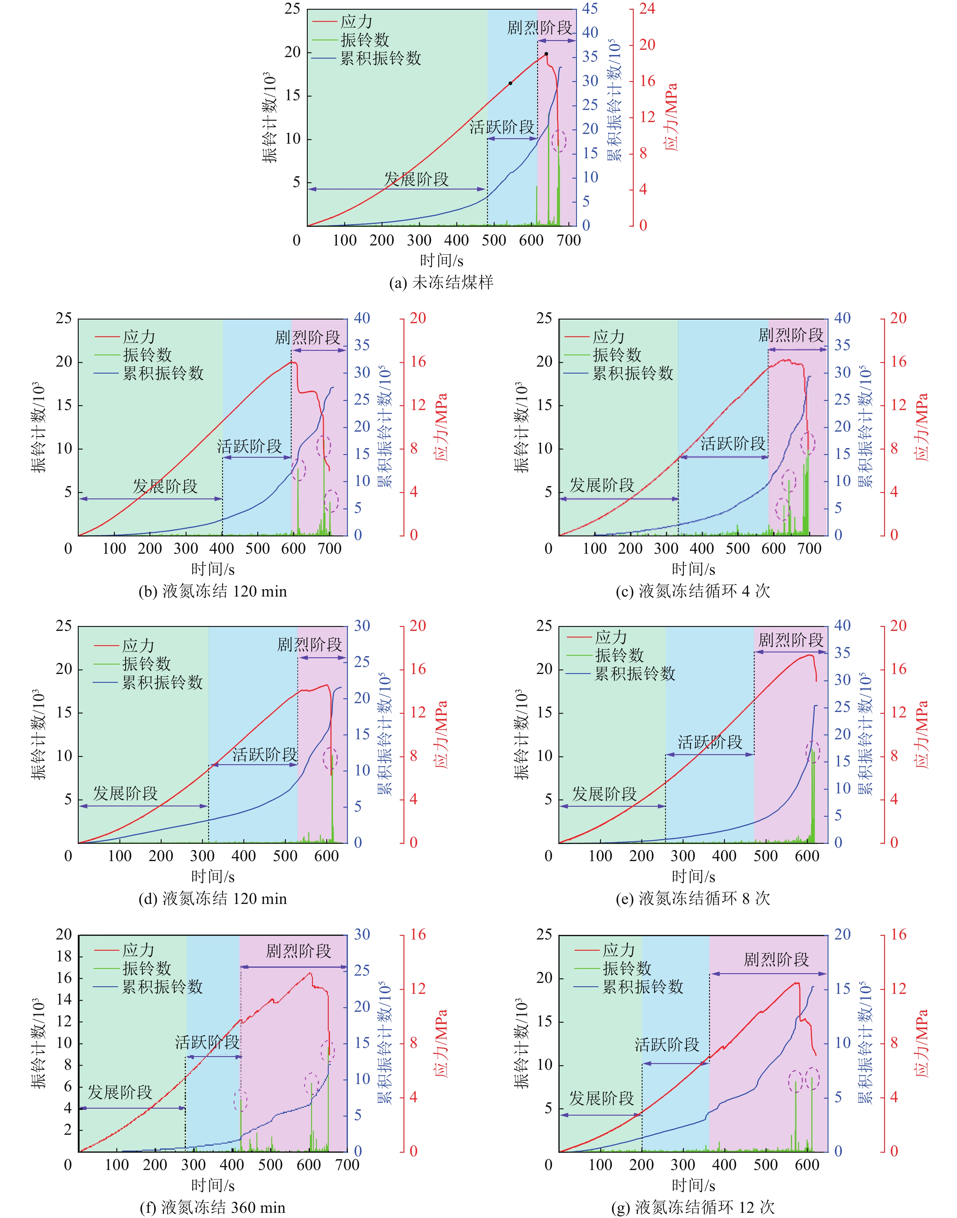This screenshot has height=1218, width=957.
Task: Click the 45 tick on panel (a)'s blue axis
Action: (589, 9)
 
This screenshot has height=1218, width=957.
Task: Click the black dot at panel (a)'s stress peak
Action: (546, 54)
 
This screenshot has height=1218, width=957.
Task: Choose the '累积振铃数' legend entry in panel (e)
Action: (635, 673)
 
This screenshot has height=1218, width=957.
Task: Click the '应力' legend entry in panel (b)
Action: (139, 337)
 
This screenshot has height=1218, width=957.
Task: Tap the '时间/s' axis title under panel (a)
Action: (441, 261)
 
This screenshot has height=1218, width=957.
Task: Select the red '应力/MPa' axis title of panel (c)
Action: (921, 427)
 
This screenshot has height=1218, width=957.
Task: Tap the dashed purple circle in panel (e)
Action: (812, 752)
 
